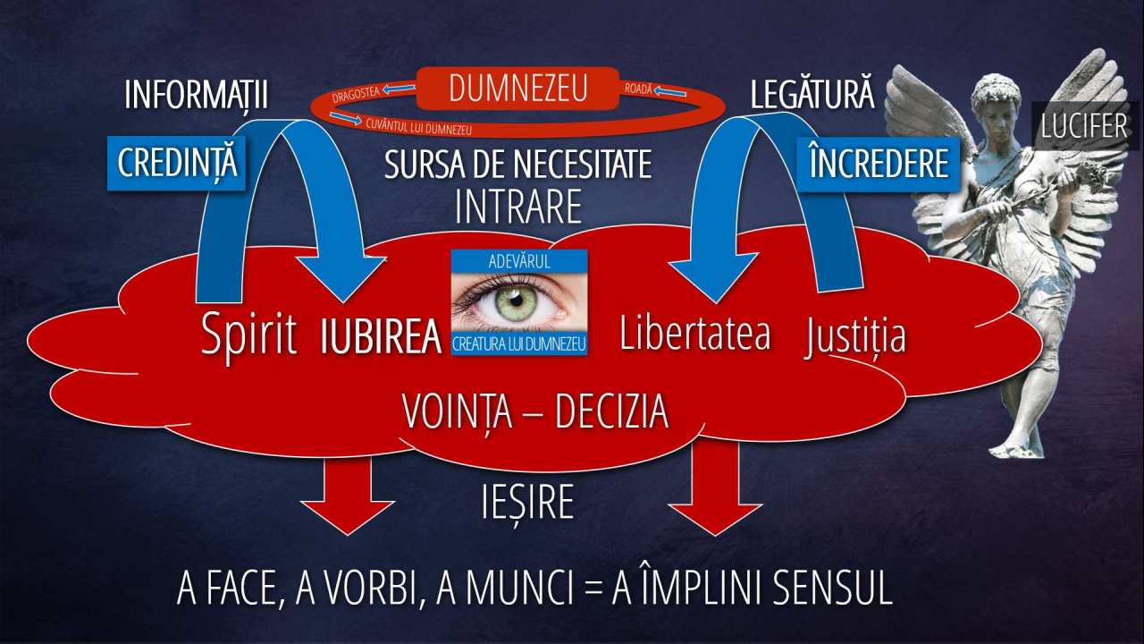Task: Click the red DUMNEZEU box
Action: click(517, 89)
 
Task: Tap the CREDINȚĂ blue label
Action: click(177, 164)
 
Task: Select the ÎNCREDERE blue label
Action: click(879, 164)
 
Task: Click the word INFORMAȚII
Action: click(196, 95)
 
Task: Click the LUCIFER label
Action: click(1084, 126)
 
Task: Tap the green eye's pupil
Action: click(517, 300)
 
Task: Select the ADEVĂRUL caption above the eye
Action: click(519, 262)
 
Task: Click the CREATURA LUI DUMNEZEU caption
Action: click(519, 344)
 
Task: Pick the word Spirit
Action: click(248, 335)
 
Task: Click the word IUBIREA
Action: click(381, 337)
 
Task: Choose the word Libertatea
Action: click(695, 334)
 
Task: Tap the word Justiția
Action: click(855, 335)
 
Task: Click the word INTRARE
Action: click(517, 207)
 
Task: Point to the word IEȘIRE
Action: click(527, 502)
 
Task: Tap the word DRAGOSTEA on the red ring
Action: click(356, 94)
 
